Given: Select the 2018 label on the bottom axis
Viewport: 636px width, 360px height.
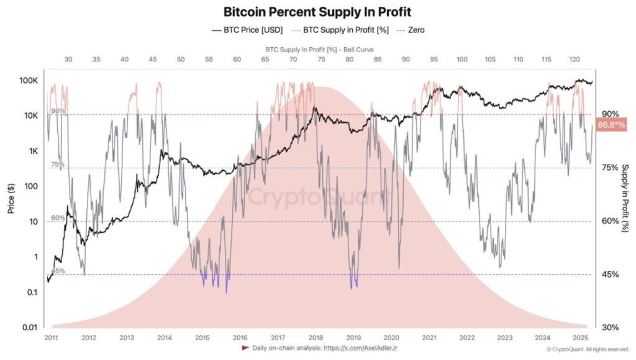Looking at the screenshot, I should pos(315,338).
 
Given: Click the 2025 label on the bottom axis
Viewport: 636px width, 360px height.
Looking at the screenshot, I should pos(580,338).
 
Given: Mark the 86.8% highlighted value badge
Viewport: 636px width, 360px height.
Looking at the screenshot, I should pos(611,125).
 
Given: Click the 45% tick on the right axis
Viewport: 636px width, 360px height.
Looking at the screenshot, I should pos(610,274).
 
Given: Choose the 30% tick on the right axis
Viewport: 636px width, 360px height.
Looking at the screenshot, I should pos(610,327).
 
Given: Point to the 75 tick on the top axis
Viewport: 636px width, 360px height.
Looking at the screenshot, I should pos(321,60).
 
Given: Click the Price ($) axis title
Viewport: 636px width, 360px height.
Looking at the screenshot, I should pos(11,200).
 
